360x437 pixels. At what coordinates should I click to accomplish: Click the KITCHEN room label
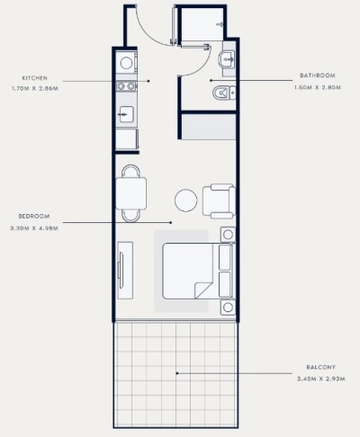35,78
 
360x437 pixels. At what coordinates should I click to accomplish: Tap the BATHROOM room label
318,76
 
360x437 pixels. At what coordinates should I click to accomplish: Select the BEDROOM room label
34,216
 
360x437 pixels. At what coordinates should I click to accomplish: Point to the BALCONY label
320,367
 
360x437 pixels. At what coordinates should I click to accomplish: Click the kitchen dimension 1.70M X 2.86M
35,89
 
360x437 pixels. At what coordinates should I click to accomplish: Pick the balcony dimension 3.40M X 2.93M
320,379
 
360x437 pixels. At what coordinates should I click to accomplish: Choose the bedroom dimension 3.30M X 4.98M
34,228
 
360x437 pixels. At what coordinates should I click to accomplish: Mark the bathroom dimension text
318,87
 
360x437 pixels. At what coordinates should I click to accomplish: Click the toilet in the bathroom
224,93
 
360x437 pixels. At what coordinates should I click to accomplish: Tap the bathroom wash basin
228,59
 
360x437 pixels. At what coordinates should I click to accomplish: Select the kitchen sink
126,114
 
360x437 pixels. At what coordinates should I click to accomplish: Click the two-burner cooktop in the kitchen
126,86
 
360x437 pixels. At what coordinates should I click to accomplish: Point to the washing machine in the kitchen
126,63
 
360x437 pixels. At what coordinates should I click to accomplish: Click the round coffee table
186,201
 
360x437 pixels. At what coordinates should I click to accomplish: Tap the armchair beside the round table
219,201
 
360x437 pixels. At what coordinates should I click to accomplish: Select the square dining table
131,193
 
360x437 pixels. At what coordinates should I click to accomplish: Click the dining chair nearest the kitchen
130,171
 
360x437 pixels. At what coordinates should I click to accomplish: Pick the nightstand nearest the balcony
228,308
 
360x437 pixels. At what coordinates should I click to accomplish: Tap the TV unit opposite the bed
125,270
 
